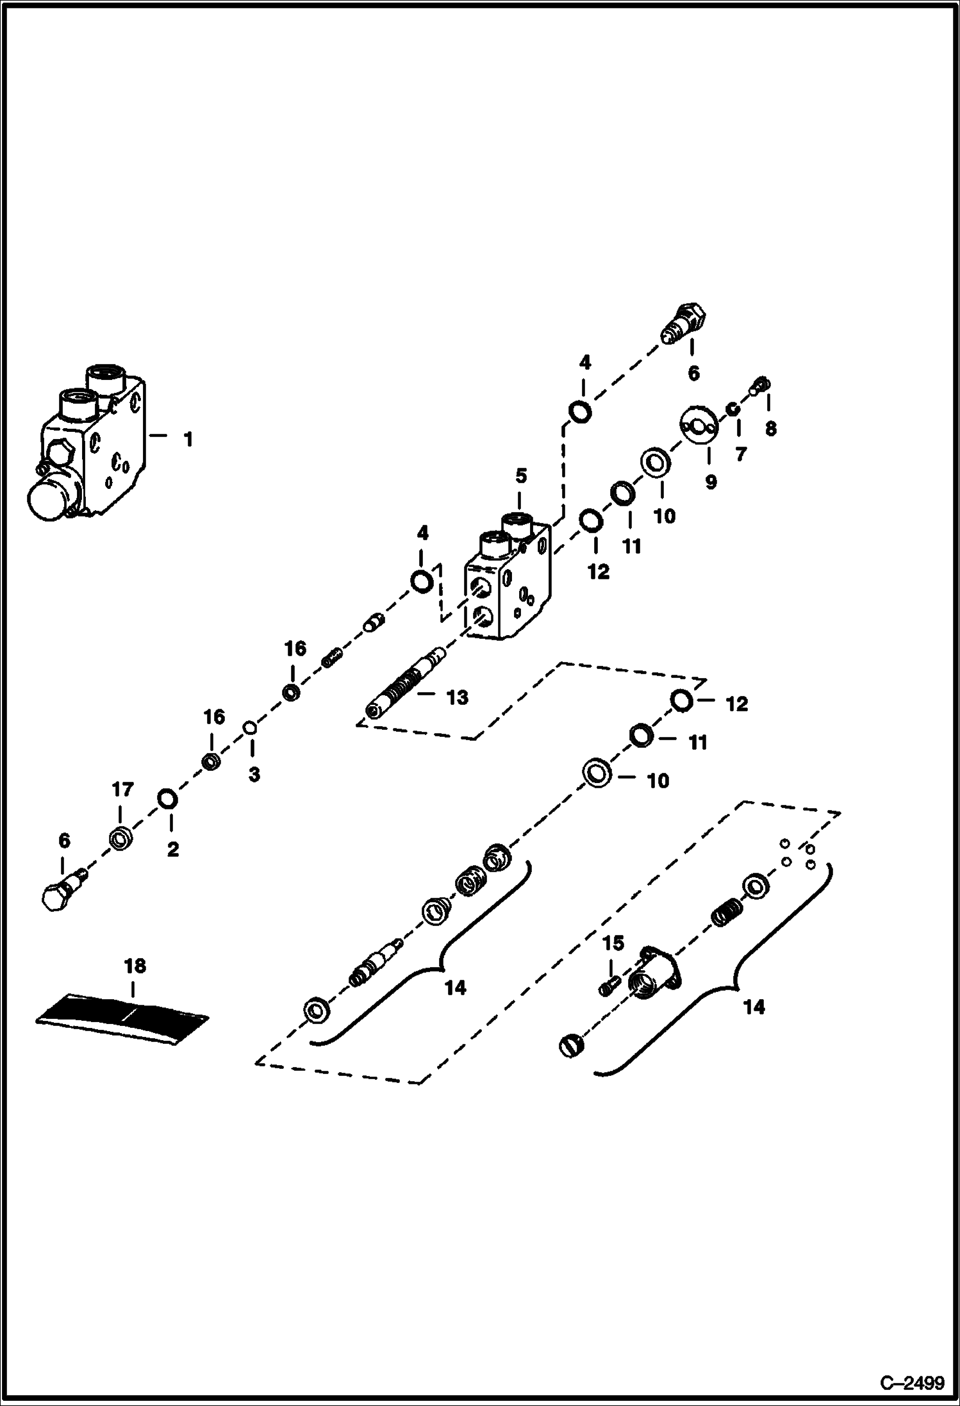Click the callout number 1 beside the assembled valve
click(x=188, y=440)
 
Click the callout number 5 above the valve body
click(x=521, y=476)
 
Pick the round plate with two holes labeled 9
click(x=697, y=426)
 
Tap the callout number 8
click(x=770, y=429)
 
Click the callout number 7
click(x=740, y=454)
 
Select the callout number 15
click(x=613, y=943)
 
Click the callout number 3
click(x=254, y=774)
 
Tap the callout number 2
click(x=172, y=850)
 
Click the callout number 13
click(x=457, y=697)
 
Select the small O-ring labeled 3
click(x=251, y=727)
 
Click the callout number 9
click(x=711, y=482)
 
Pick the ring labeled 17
click(x=120, y=838)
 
